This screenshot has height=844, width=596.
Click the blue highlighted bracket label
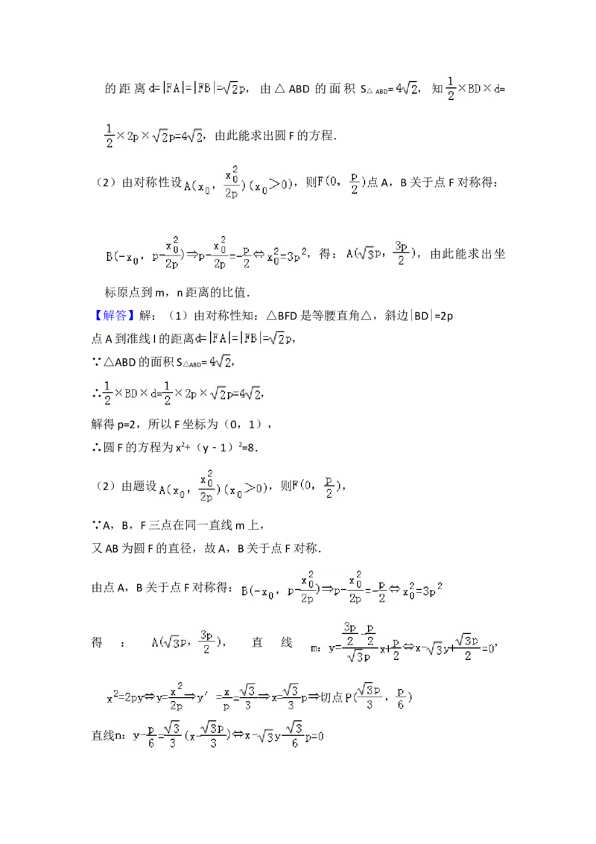(x=115, y=314)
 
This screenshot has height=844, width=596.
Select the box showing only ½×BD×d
(x=471, y=89)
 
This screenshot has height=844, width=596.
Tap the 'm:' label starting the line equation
(x=316, y=648)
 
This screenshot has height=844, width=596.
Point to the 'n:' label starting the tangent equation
(x=119, y=735)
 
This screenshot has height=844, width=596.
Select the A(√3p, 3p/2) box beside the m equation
(x=187, y=641)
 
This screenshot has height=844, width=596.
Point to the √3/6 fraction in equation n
(x=295, y=735)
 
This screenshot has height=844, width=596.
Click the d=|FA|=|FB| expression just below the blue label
(x=242, y=338)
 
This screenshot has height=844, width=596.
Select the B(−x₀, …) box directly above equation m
(x=343, y=587)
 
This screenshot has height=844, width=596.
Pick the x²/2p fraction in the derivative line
(x=177, y=698)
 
